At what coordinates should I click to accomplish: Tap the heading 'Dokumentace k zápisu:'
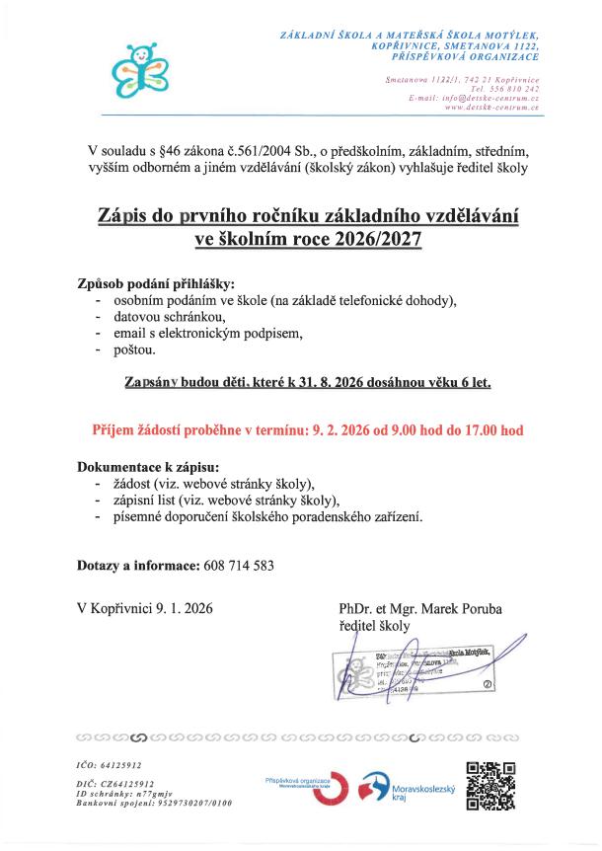pyautogui.click(x=148, y=466)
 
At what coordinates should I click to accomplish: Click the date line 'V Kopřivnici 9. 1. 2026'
pyautogui.click(x=144, y=609)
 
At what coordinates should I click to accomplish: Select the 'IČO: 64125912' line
pyautogui.click(x=110, y=764)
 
